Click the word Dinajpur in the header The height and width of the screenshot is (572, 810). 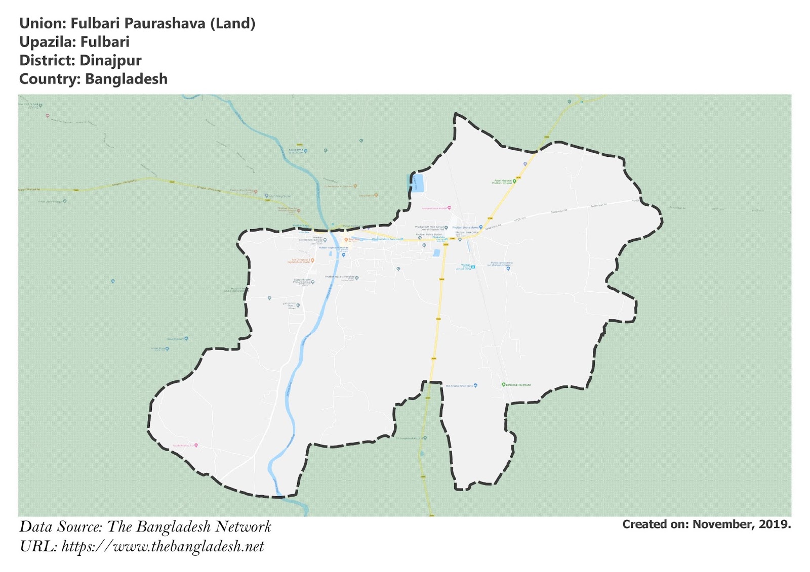tap(110, 61)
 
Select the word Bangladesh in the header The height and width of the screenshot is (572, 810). tap(126, 79)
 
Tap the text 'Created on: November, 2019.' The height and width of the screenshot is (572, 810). tap(706, 524)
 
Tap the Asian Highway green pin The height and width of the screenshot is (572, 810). tap(514, 181)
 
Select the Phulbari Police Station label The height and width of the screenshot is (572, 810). tap(428, 235)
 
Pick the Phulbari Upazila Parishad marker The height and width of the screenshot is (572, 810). tap(357, 278)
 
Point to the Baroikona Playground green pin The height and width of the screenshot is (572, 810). tap(503, 385)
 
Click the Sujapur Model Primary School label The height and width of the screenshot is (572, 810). tap(302, 281)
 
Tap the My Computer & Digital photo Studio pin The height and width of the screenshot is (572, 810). tap(312, 260)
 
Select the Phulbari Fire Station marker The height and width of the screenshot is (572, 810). tap(256, 192)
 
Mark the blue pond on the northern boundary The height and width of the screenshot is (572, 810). tap(417, 183)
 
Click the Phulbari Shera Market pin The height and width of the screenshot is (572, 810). tap(480, 228)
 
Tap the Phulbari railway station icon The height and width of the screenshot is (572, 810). tap(473, 267)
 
